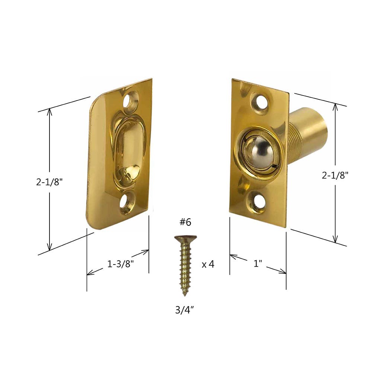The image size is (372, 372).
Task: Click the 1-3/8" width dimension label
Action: click(121, 264)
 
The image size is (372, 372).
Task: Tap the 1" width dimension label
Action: click(258, 263)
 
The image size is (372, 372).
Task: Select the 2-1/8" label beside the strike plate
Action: click(49, 182)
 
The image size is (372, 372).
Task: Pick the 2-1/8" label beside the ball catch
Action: click(335, 175)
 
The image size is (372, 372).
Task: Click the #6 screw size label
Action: click(185, 222)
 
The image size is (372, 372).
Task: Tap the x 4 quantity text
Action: click(208, 264)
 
